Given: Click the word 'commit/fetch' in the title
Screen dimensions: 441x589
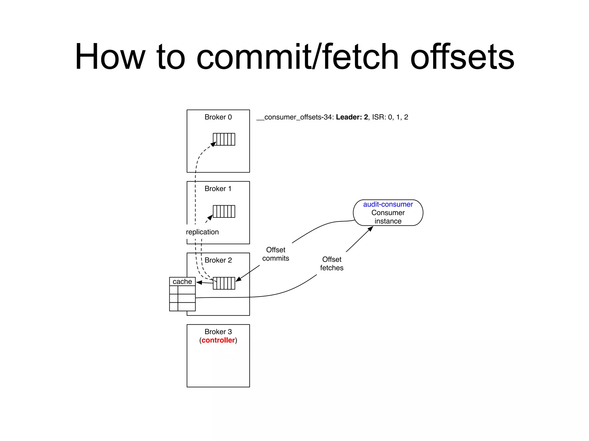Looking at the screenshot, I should click(x=297, y=57).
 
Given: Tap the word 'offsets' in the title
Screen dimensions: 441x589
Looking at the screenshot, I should click(x=462, y=57).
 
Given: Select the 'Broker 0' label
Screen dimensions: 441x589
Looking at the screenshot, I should click(x=218, y=117).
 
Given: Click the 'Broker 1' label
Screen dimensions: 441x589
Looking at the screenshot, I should click(x=218, y=189).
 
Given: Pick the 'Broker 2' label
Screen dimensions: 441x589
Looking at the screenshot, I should click(x=218, y=260).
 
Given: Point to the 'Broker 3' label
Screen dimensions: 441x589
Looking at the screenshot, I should click(x=218, y=332).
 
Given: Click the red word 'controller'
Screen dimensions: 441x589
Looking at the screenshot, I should click(x=218, y=340).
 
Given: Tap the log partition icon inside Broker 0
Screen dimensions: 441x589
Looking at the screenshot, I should click(x=224, y=139).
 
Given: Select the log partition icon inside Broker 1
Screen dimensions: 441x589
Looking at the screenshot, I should click(x=224, y=211).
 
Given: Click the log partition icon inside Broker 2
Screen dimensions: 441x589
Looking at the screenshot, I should click(x=224, y=283).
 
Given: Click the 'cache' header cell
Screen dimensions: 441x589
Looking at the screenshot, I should click(x=182, y=281).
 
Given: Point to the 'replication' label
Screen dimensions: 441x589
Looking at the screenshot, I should click(x=202, y=232).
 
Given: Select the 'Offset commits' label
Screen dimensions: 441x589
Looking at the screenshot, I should click(x=276, y=254).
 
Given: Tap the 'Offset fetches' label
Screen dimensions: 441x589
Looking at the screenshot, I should click(x=332, y=264).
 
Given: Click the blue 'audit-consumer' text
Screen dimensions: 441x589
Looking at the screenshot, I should click(x=388, y=204).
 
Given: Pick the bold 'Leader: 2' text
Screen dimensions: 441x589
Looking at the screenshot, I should click(x=352, y=117).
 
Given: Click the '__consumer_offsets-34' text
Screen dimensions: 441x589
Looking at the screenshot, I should click(x=295, y=117).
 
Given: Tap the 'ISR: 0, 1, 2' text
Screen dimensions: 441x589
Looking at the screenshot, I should click(x=390, y=117).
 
